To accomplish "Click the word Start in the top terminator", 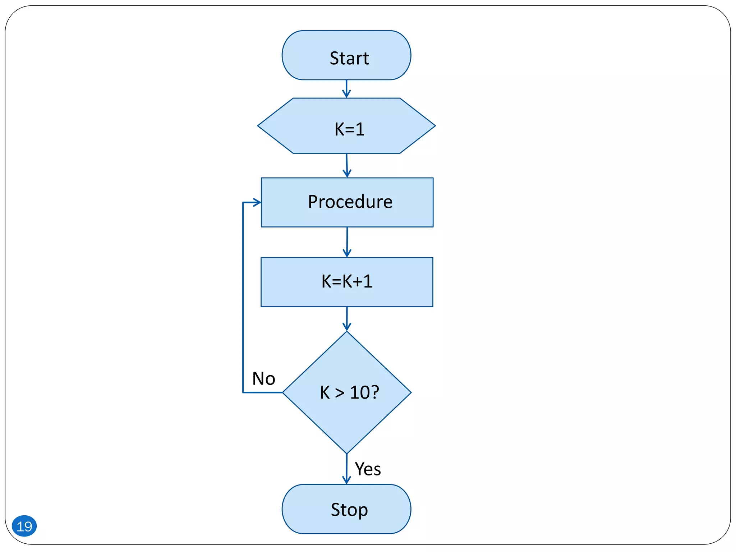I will coord(349,58).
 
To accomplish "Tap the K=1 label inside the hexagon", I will coord(349,129).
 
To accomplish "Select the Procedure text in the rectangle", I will coord(350,202).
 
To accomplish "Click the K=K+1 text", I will coord(347,281).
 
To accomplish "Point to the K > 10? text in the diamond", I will coord(349,392).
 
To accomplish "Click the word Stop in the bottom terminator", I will coord(349,510).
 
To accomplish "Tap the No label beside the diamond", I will coord(263,378).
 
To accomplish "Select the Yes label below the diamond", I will coord(368,469).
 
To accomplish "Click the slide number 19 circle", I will coord(24,526).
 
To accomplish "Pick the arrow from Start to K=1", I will coord(346,89).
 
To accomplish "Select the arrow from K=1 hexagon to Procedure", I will coord(347,166).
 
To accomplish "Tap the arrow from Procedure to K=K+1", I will coord(347,242).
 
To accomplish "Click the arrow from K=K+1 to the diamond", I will coord(347,319).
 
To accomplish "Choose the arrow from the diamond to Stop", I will coord(347,469).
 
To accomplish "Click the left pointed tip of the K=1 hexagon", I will coord(258,126).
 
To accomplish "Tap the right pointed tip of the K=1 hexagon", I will coord(434,126).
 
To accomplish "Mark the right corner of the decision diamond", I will coord(410,392).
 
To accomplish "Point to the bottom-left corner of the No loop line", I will coord(243,392).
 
